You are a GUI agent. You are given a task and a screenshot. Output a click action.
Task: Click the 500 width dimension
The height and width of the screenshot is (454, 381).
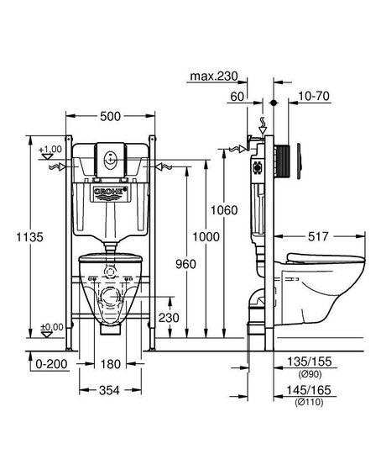[x=110, y=116]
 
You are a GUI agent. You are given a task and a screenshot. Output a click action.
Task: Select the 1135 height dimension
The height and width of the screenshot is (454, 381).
[x=29, y=237]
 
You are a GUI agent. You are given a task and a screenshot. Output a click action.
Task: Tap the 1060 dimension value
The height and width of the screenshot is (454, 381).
[x=224, y=210]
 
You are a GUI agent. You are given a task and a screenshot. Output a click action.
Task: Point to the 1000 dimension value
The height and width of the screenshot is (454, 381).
[x=206, y=237]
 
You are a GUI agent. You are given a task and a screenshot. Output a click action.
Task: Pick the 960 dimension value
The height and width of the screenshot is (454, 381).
[x=185, y=264]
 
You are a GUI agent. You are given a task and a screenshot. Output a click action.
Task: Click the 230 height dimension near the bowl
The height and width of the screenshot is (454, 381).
[x=169, y=318]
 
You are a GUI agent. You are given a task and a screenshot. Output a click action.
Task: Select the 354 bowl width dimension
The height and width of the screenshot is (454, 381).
[x=109, y=391]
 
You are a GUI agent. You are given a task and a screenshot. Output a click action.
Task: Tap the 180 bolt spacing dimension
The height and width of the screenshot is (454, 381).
[x=111, y=364]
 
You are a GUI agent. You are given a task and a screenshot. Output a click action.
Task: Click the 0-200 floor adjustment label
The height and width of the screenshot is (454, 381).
[x=51, y=364]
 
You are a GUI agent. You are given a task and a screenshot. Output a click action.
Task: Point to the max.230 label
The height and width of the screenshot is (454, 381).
[x=214, y=77]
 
